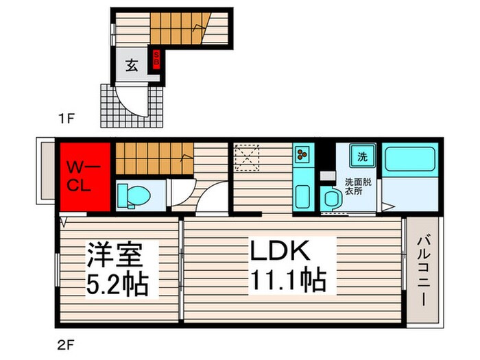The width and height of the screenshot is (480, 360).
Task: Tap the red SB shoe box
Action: (156, 58)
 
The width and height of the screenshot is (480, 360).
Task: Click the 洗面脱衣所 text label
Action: (357, 186)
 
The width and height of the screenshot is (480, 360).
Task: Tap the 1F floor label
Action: (65, 119)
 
